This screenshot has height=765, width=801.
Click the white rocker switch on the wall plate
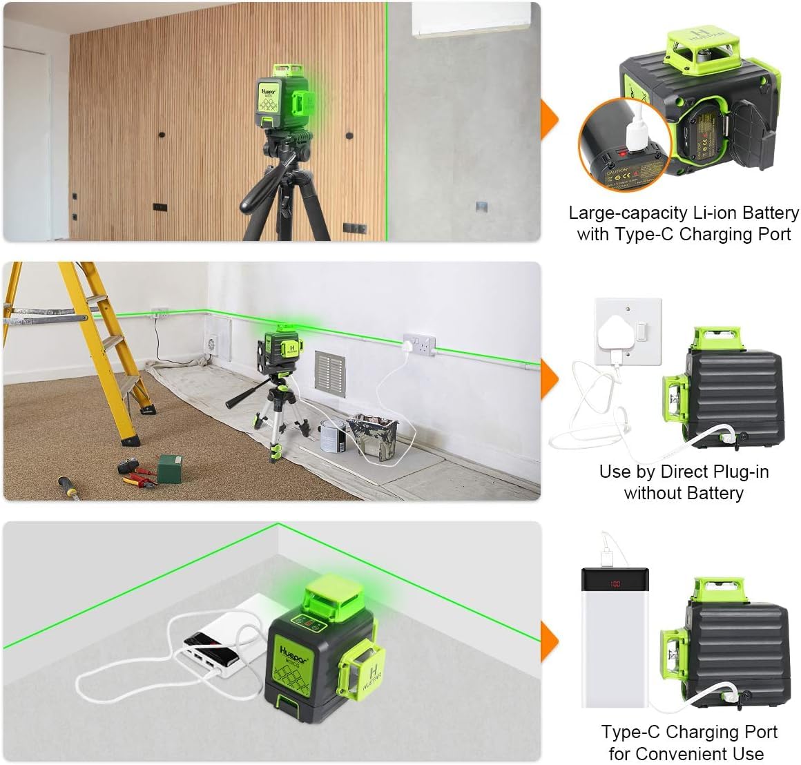tap(641, 333)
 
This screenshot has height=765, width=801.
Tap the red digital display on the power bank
tap(614, 584)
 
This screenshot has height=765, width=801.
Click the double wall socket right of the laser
tap(421, 342)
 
